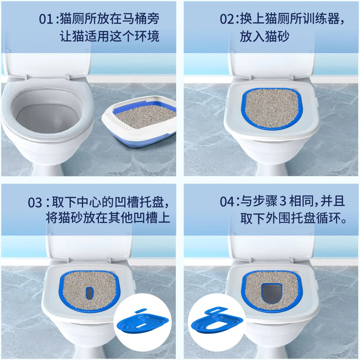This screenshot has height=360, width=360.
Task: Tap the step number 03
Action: coord(35,202)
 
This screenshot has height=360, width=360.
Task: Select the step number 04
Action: coord(227,202)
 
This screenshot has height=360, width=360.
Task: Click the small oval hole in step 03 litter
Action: coord(90,292)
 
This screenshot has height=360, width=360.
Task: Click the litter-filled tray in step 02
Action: coord(270,108)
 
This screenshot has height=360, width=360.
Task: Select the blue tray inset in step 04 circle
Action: coord(219,322)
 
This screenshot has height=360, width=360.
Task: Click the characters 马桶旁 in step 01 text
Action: coord(144,20)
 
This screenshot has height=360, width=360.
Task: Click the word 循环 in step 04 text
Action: coord(331,219)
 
